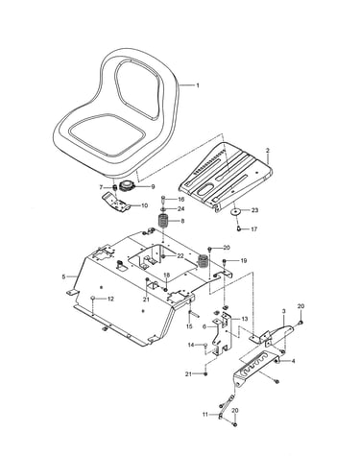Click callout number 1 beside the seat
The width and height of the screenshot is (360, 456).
point(198,85)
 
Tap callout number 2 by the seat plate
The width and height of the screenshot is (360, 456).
point(268,150)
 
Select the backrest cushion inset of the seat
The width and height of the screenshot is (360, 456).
point(137,89)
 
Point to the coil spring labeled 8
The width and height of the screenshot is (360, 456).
point(164,222)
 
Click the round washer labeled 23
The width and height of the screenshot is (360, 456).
point(236,211)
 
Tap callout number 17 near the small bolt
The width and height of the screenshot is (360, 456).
point(253,229)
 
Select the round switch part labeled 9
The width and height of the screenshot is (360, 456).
point(128,186)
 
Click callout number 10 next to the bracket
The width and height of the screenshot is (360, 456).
point(144,205)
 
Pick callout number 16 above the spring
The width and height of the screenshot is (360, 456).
point(181,199)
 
